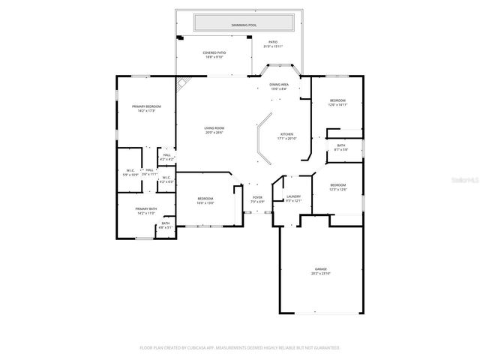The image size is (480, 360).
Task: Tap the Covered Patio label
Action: (x=214, y=54)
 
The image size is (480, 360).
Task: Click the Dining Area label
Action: (x=279, y=86)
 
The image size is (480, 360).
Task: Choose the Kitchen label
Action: (x=287, y=136)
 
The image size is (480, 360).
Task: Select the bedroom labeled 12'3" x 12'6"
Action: (x=337, y=187)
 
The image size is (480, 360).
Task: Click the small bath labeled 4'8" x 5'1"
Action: (x=165, y=225)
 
